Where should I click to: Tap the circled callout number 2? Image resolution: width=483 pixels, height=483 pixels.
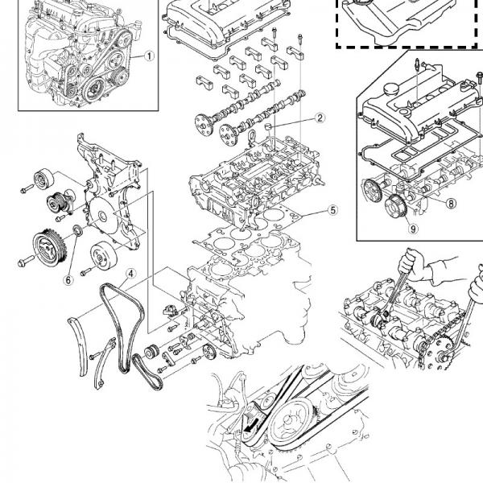pos(320,118)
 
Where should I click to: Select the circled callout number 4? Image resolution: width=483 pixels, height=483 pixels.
pos(130,272)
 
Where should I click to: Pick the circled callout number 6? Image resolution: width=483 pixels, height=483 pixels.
pos(68,279)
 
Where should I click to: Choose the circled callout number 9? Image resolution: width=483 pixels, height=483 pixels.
pos(413,228)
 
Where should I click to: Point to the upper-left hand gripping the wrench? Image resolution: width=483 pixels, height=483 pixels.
pos(414,260)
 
